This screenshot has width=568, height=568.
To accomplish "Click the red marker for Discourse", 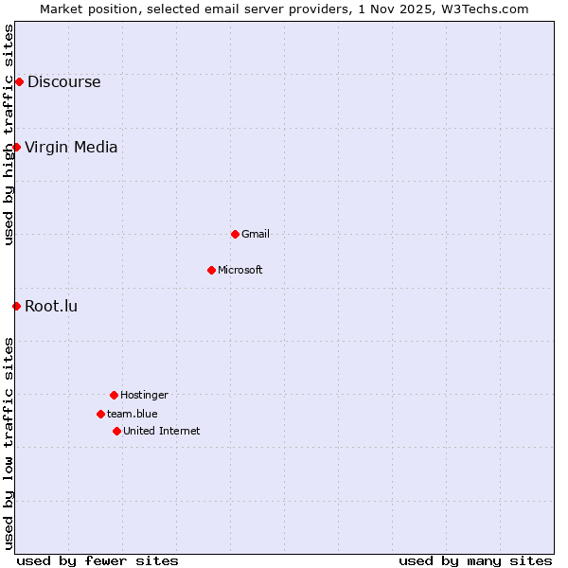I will point(19,81).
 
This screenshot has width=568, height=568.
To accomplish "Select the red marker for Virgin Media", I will point(16,147).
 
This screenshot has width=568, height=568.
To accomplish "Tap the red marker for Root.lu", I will point(16,306).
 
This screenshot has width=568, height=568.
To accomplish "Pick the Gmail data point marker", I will point(235,234).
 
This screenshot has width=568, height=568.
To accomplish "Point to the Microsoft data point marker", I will point(211,270).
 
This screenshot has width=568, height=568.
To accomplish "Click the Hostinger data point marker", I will point(114,395).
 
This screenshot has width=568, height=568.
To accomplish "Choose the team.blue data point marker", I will point(100,414).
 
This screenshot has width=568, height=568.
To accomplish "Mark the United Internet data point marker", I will point(116,431).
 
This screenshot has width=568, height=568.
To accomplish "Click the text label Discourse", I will point(63,81).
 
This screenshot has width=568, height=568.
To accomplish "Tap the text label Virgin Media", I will point(71,147).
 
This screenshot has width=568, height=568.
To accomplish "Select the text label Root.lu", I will point(51,306).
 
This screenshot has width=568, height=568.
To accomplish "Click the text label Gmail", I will point(256,234).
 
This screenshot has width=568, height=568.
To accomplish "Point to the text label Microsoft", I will point(240,270).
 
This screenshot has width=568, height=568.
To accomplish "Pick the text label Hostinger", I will point(144,395).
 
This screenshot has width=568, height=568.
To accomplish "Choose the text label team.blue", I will point(133,414).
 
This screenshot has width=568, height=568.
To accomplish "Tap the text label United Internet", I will point(162,431).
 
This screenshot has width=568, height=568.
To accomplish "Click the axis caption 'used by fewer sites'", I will point(98,560).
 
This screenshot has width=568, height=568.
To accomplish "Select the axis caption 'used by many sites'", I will point(475,560).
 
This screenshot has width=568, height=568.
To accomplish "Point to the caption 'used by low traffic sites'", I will point(9,443).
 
